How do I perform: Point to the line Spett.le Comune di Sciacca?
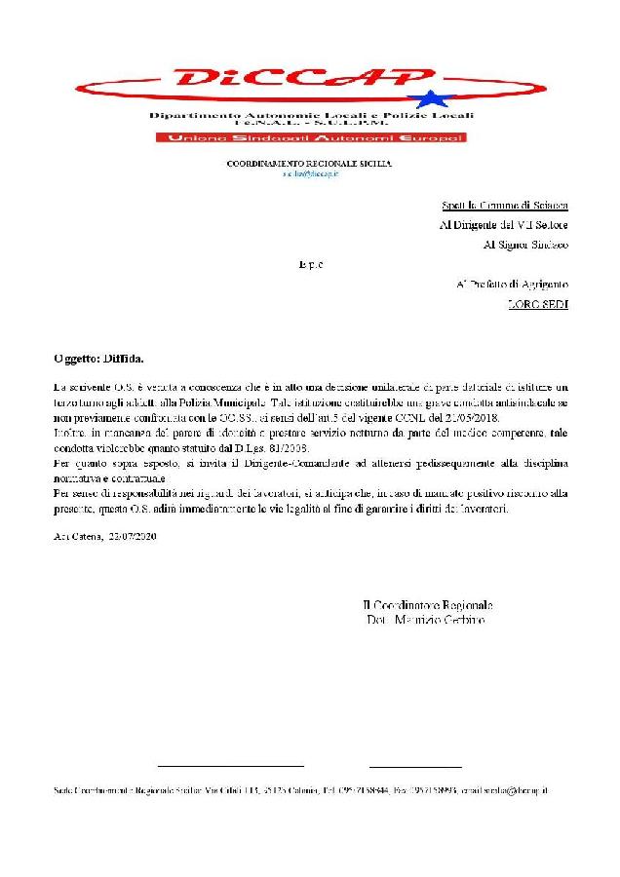click(503, 207)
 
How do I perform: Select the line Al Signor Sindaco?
click(525, 245)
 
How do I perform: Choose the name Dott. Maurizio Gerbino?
click(425, 620)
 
